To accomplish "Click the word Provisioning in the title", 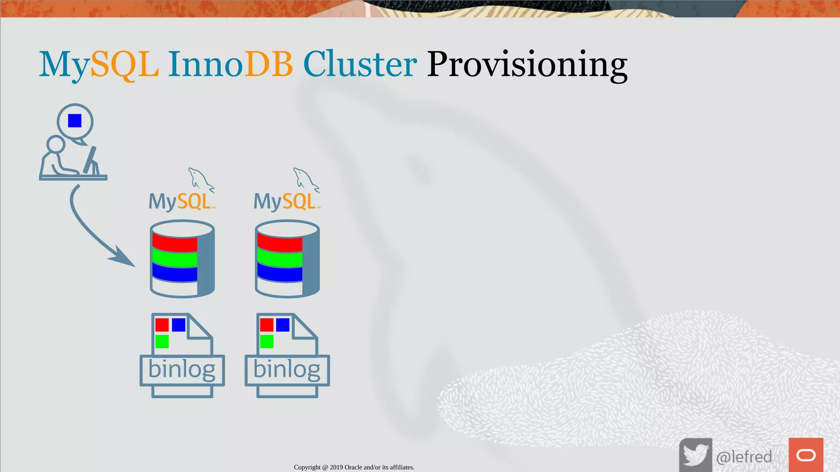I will (527, 65).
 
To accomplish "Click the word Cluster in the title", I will (360, 65).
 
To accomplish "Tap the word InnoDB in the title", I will (230, 65).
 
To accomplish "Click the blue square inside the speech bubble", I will (75, 121).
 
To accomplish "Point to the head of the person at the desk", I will (55, 144).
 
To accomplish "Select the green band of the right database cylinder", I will (280, 259).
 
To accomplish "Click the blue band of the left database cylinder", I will (175, 272).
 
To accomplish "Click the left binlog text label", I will (182, 370).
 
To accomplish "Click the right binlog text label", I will (287, 370).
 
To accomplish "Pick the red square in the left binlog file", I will (162, 325).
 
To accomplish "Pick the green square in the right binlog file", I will (267, 341).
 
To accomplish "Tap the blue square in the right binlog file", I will (283, 325).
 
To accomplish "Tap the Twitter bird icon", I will (695, 455).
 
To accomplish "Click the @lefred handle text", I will (744, 456).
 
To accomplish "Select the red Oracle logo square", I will (806, 455).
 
